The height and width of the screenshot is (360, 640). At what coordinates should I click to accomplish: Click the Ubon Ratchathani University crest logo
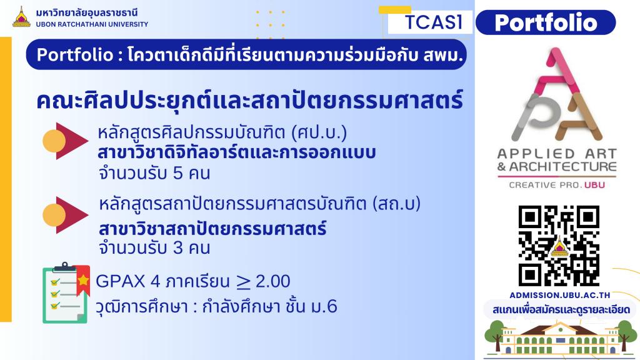pos(22,17)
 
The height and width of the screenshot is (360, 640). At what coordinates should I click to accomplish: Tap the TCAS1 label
pos(434,22)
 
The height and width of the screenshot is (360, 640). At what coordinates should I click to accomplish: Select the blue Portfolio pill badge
pos(546,22)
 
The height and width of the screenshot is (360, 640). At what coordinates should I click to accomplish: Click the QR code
pos(559,246)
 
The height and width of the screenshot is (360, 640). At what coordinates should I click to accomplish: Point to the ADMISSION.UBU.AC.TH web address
pos(559,295)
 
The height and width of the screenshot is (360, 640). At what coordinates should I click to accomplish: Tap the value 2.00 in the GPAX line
pos(273,281)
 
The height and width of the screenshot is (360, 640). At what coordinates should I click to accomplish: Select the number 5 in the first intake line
pos(177,174)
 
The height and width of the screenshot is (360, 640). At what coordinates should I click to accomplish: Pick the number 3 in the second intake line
pos(177,247)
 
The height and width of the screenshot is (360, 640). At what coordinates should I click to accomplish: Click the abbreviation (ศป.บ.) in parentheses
pos(319,132)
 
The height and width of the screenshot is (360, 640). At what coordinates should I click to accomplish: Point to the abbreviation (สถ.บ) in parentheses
pos(396,204)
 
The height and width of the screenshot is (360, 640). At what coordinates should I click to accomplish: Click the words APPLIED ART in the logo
pos(557,154)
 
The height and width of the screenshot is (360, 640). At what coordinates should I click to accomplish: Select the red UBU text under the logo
pos(595,185)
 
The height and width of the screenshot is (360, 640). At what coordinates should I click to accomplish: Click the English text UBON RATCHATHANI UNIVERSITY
pos(92,24)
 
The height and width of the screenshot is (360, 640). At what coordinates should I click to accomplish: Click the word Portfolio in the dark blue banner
pos(75,55)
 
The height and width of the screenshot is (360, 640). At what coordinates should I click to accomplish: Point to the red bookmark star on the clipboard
pos(83,279)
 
